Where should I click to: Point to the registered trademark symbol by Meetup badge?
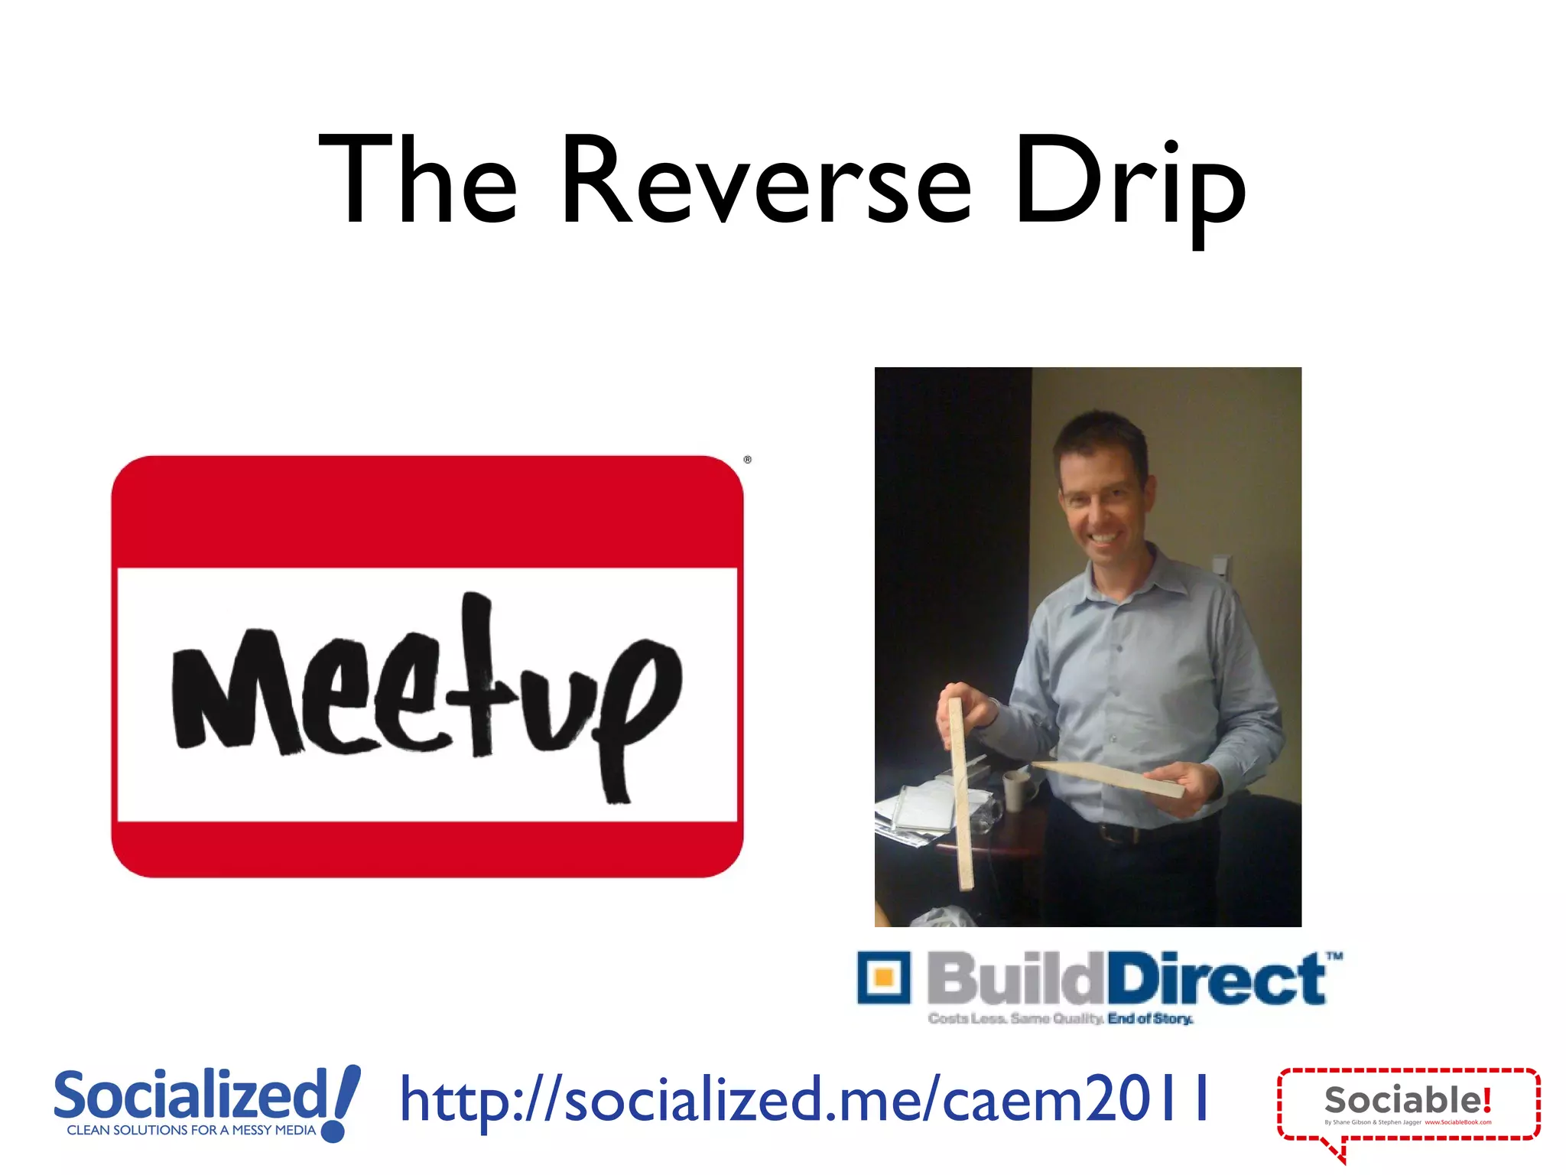[x=748, y=460]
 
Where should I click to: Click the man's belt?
[x=1124, y=832]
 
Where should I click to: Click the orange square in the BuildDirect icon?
[x=884, y=978]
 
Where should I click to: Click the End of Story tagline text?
[x=1150, y=1019]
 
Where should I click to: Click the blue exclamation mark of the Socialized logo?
[x=341, y=1102]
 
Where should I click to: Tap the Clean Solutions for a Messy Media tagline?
[x=191, y=1130]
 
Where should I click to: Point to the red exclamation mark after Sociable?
[x=1486, y=1100]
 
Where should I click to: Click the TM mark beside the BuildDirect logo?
[x=1334, y=955]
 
